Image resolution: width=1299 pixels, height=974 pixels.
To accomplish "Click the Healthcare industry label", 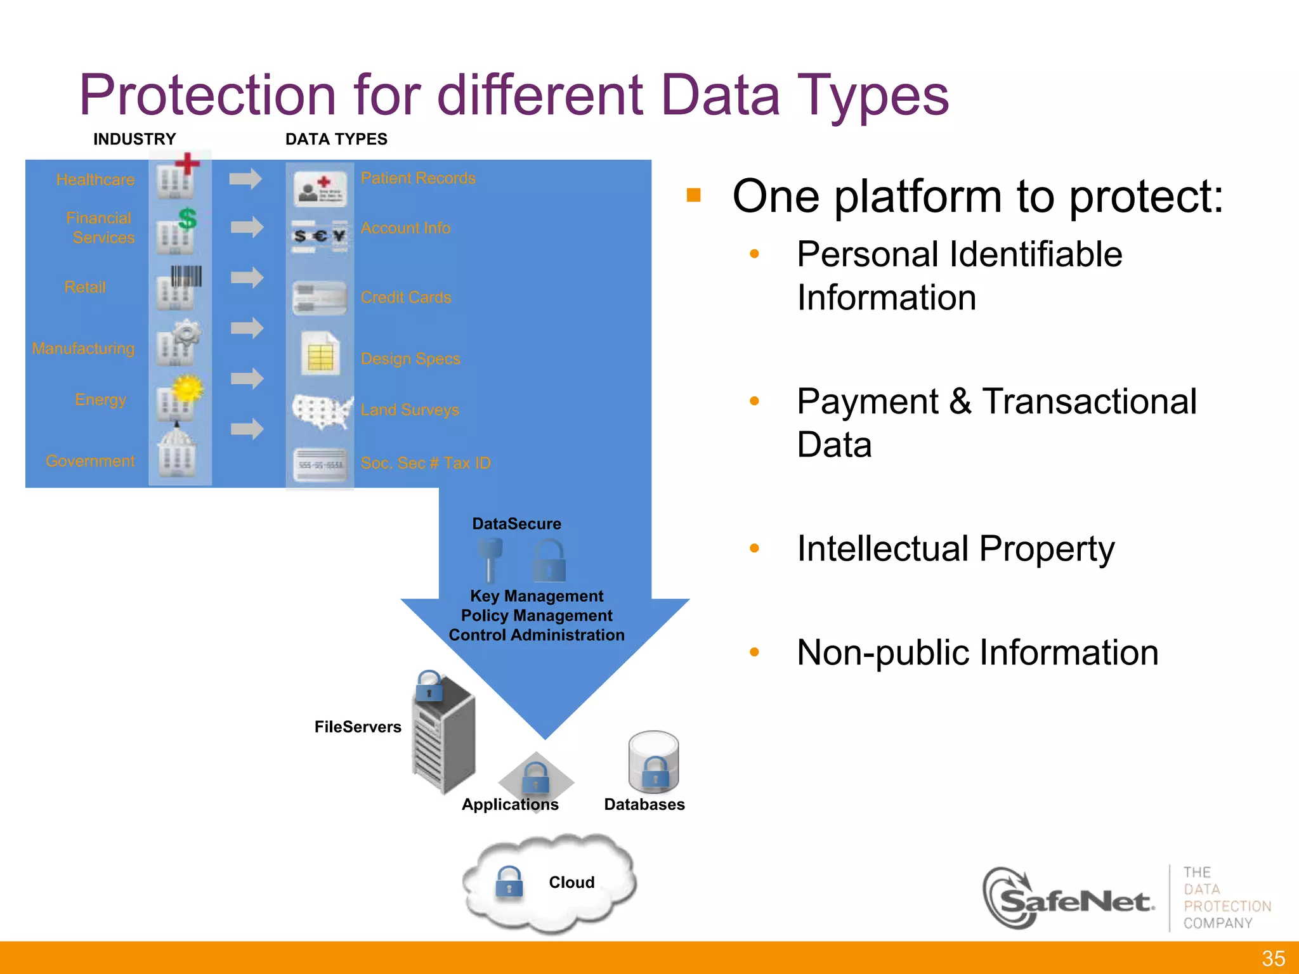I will click(95, 179).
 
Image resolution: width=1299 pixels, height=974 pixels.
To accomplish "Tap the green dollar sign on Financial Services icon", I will click(187, 219).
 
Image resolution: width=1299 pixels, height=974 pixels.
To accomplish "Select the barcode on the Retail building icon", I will click(186, 276).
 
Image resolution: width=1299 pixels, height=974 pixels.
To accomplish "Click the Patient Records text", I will click(418, 178).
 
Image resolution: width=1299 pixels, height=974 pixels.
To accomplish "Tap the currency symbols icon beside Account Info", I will click(320, 237).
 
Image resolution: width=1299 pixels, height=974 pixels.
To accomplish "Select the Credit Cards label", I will click(406, 297).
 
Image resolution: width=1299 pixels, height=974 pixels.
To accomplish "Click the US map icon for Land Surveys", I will click(322, 411).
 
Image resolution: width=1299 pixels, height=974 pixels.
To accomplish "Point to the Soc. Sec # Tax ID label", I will click(426, 463).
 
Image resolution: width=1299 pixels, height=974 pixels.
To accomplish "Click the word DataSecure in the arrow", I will click(516, 524).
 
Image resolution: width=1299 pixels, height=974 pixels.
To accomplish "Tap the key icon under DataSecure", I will click(490, 559).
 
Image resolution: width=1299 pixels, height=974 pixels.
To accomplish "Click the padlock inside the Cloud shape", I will click(509, 882).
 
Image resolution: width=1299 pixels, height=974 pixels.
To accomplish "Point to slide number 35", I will click(1273, 958).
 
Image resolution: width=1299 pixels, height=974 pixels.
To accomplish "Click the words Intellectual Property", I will click(955, 549).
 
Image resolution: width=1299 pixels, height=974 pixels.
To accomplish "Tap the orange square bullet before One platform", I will click(693, 195).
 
